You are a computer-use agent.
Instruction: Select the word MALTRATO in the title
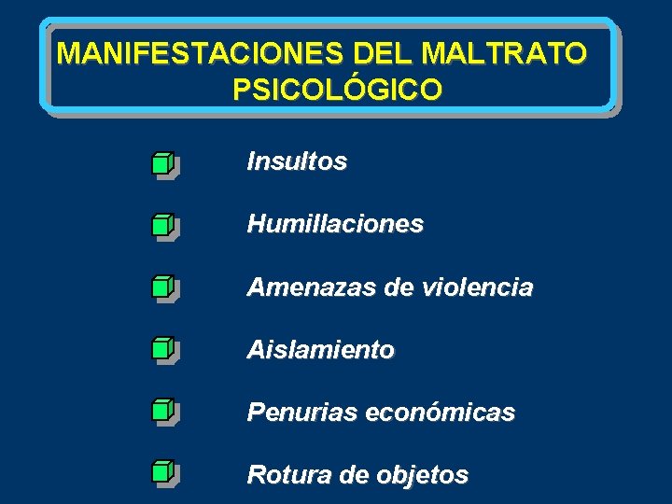pos(504,53)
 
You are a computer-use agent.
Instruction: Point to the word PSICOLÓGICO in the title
pos(338,91)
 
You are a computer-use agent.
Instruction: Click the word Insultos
pos(297,161)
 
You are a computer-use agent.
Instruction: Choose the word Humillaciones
pos(335,224)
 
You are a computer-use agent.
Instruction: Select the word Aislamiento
pos(320,350)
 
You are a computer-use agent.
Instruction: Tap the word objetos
pos(425,476)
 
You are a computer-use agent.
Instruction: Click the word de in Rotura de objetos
pos(355,475)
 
